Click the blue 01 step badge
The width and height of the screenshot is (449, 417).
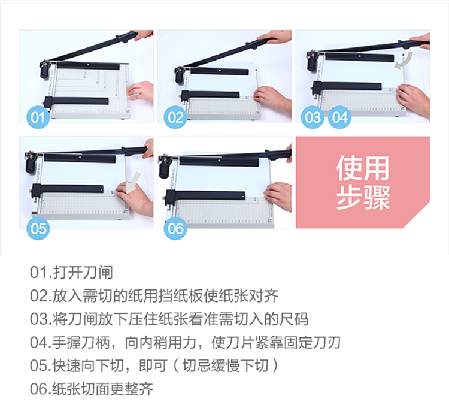[38, 117]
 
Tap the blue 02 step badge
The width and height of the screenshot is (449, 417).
[175, 117]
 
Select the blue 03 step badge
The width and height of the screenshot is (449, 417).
[313, 117]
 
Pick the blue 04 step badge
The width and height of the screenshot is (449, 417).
[339, 117]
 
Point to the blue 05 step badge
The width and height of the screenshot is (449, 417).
[38, 228]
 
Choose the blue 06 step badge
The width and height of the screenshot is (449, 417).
[175, 228]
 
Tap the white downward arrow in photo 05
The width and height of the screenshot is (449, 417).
[134, 182]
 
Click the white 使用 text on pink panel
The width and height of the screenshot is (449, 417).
[363, 168]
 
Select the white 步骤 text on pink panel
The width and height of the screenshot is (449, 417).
[363, 198]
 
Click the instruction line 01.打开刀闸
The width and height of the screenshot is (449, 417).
[71, 272]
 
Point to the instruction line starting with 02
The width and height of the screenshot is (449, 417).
[154, 296]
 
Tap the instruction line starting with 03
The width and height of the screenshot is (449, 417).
[169, 319]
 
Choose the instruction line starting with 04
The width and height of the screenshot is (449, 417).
[185, 343]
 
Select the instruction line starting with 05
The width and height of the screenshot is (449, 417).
[154, 365]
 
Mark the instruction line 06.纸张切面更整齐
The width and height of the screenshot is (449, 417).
[92, 389]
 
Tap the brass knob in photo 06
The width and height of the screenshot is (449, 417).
[163, 198]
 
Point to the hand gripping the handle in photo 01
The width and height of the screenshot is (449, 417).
[142, 35]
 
